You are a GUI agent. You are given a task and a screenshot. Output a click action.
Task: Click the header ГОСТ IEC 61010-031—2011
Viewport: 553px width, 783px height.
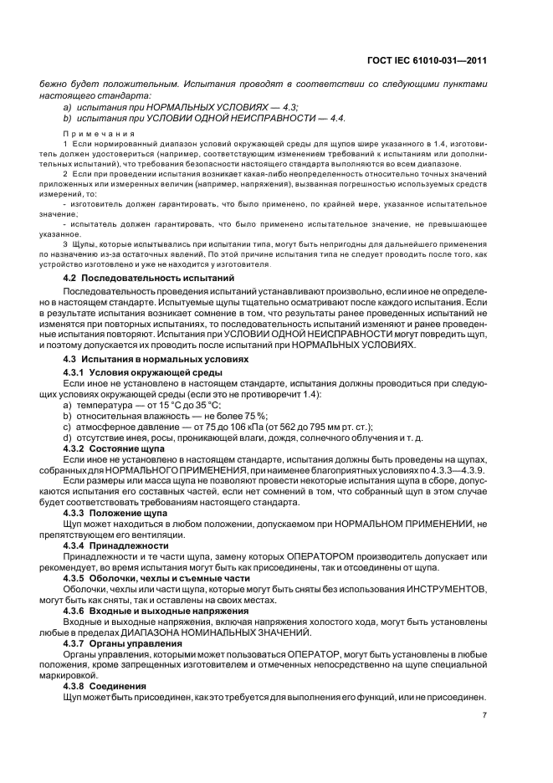pos(427,61)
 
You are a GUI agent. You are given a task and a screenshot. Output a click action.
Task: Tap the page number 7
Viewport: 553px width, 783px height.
pos(484,714)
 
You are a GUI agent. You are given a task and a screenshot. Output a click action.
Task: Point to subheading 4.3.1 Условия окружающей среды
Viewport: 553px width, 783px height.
pos(143,371)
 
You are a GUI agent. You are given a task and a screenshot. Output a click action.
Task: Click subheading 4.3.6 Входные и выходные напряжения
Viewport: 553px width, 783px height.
pos(156,611)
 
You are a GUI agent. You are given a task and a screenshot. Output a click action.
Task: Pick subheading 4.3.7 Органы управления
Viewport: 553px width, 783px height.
pos(122,643)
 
